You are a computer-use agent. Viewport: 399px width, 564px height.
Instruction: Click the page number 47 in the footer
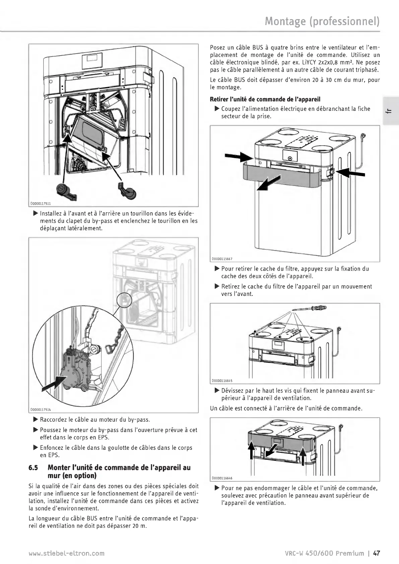point(377,553)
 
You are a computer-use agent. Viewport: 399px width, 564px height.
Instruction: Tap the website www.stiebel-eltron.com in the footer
point(67,553)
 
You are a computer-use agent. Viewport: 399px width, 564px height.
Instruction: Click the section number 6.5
point(34,467)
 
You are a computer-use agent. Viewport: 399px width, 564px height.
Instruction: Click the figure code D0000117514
point(40,409)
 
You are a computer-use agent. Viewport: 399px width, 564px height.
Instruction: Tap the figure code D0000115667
point(222,259)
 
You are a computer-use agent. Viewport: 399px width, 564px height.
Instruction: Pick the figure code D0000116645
point(222,381)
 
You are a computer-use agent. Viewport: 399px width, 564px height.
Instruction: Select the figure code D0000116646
point(222,478)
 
